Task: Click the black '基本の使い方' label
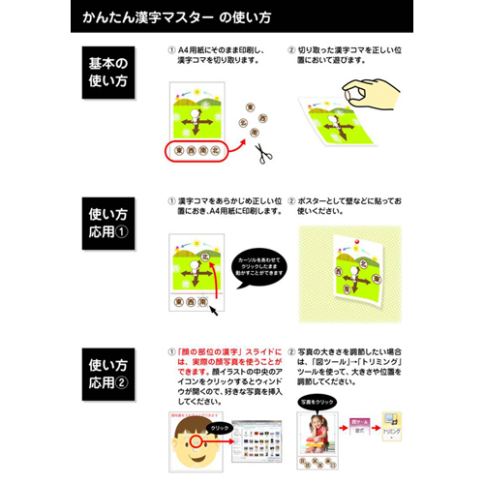click(107, 75)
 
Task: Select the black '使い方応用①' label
click(107, 225)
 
